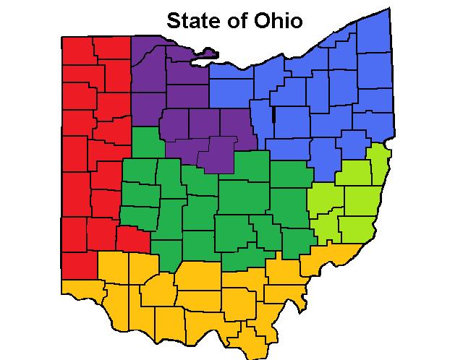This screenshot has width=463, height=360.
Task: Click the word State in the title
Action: pos(190,20)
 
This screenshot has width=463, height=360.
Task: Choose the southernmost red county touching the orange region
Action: pos(75,263)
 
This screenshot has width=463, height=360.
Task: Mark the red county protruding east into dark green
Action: pos(132,236)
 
